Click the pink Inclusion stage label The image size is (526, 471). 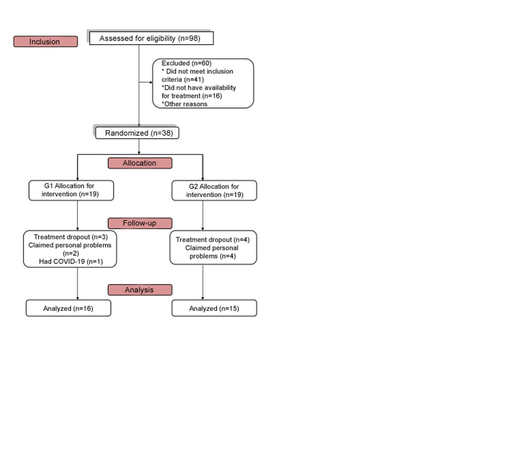[x=46, y=41]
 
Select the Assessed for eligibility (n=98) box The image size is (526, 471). [x=151, y=38]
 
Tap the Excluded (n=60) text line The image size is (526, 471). [x=187, y=63]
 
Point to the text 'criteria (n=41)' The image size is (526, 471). [x=183, y=79]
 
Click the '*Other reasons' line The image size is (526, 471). [x=185, y=104]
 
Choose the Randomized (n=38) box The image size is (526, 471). [x=137, y=133]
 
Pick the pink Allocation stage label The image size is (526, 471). [x=140, y=163]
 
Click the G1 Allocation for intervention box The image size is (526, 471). [x=71, y=190]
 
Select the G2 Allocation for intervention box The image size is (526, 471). [x=214, y=190]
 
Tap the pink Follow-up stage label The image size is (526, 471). [x=140, y=223]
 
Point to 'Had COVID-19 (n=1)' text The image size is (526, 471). [x=71, y=262]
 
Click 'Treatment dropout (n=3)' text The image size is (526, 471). [x=71, y=237]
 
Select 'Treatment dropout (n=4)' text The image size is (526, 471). [x=213, y=240]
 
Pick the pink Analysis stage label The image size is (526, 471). [x=140, y=290]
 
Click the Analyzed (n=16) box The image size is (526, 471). [x=69, y=308]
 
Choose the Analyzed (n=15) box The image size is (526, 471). [x=214, y=308]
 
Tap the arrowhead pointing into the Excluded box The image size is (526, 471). [x=151, y=82]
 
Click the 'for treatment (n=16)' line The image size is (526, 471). [x=192, y=96]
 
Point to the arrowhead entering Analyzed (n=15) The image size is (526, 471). [x=203, y=298]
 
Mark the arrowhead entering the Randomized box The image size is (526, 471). [x=139, y=126]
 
